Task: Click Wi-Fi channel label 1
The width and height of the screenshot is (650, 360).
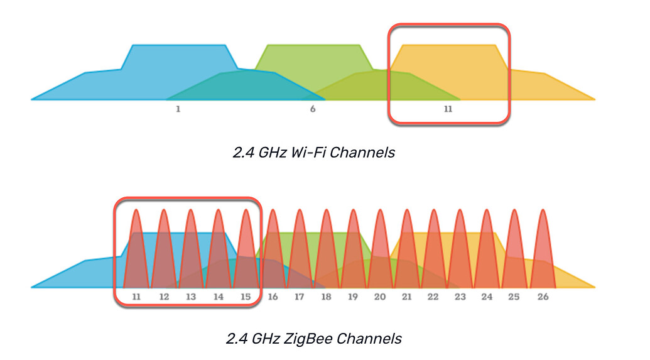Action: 178,109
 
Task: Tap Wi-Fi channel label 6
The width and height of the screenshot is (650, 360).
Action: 313,109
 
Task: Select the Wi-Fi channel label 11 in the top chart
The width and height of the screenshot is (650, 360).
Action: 448,109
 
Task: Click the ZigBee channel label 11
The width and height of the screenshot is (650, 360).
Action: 136,296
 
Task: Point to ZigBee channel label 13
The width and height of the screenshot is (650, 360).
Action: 190,296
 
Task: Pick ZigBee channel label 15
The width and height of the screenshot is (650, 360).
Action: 245,296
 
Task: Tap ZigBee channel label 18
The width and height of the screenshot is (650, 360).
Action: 326,296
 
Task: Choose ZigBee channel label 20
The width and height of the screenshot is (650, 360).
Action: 380,296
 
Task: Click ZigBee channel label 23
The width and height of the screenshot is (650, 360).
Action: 460,296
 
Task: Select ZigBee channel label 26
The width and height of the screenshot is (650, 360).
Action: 543,296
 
